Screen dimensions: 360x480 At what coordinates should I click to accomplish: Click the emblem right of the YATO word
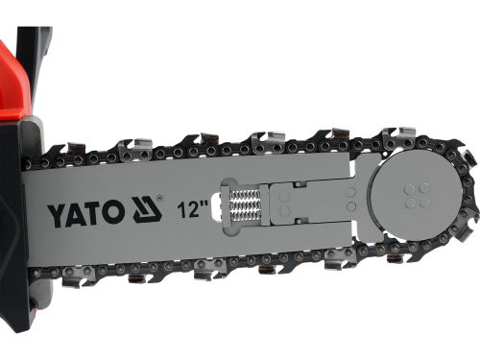(x=142, y=210)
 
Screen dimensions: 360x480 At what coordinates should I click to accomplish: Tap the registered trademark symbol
(x=161, y=201)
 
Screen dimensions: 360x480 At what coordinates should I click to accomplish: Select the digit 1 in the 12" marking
(x=181, y=210)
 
